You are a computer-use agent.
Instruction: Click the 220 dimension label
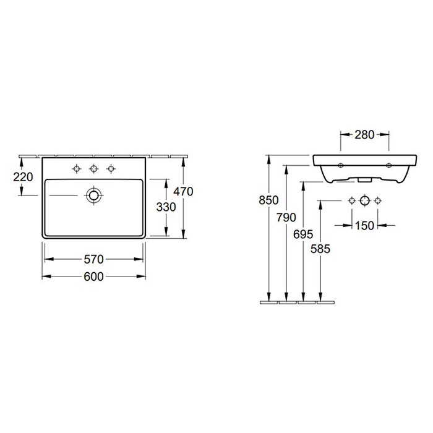tap(24, 177)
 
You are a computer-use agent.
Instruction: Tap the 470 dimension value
tap(183, 191)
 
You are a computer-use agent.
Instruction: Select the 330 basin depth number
tap(166, 207)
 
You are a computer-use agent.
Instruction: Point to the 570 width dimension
tap(93, 259)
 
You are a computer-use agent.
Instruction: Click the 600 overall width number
tap(93, 277)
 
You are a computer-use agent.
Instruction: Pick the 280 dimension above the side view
tap(364, 135)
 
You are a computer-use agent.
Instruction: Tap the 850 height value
tap(268, 200)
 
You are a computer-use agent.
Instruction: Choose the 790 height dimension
tap(286, 218)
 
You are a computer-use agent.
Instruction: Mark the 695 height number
tap(303, 234)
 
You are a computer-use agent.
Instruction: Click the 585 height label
tap(320, 249)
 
